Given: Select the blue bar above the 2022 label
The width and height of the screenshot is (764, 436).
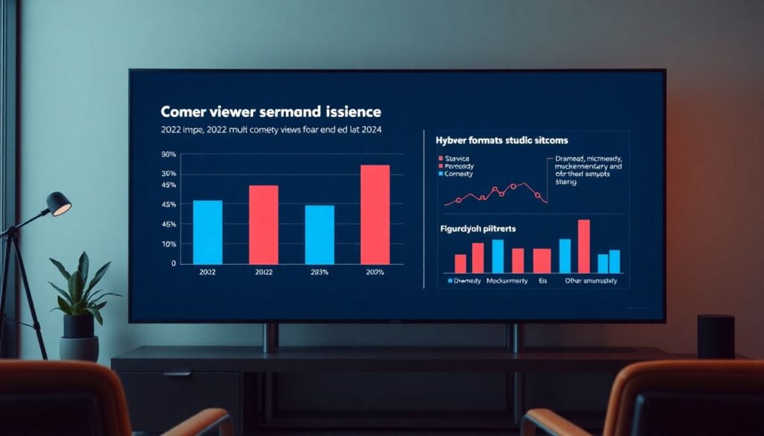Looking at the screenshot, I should [207, 232].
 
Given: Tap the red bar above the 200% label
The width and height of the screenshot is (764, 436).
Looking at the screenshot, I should [375, 215].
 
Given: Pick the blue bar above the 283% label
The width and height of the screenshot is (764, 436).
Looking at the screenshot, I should [319, 235].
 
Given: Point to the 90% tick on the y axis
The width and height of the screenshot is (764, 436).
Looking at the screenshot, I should [169, 154].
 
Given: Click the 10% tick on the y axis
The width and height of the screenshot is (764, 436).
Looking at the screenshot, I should [169, 244].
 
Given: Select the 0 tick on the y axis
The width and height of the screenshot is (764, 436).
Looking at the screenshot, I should [173, 264].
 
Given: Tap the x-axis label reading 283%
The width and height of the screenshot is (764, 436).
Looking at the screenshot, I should [320, 273].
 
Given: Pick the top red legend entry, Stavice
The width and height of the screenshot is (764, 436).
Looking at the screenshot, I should [454, 159].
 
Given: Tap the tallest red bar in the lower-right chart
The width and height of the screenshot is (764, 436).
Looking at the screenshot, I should [583, 246].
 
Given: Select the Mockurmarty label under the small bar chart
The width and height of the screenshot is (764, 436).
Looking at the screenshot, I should [507, 281].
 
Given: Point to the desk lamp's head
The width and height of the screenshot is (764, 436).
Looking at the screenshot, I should [59, 203].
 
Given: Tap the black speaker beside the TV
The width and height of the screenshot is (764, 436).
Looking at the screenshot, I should [716, 336].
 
